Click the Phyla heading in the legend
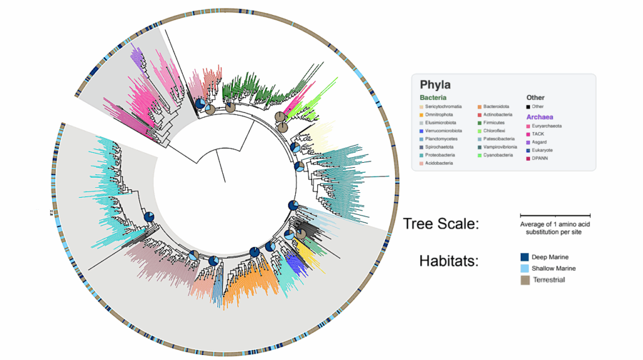pyautogui.click(x=435, y=85)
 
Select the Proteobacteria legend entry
pyautogui.click(x=443, y=155)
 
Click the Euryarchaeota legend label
pyautogui.click(x=547, y=126)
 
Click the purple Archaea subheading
pyautogui.click(x=540, y=117)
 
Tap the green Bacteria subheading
pyautogui.click(x=433, y=98)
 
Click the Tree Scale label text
pyautogui.click(x=440, y=224)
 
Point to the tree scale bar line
pyautogui.click(x=555, y=215)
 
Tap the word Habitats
pyautogui.click(x=448, y=262)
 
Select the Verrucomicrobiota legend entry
pyautogui.click(x=445, y=131)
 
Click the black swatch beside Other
pyautogui.click(x=529, y=107)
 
